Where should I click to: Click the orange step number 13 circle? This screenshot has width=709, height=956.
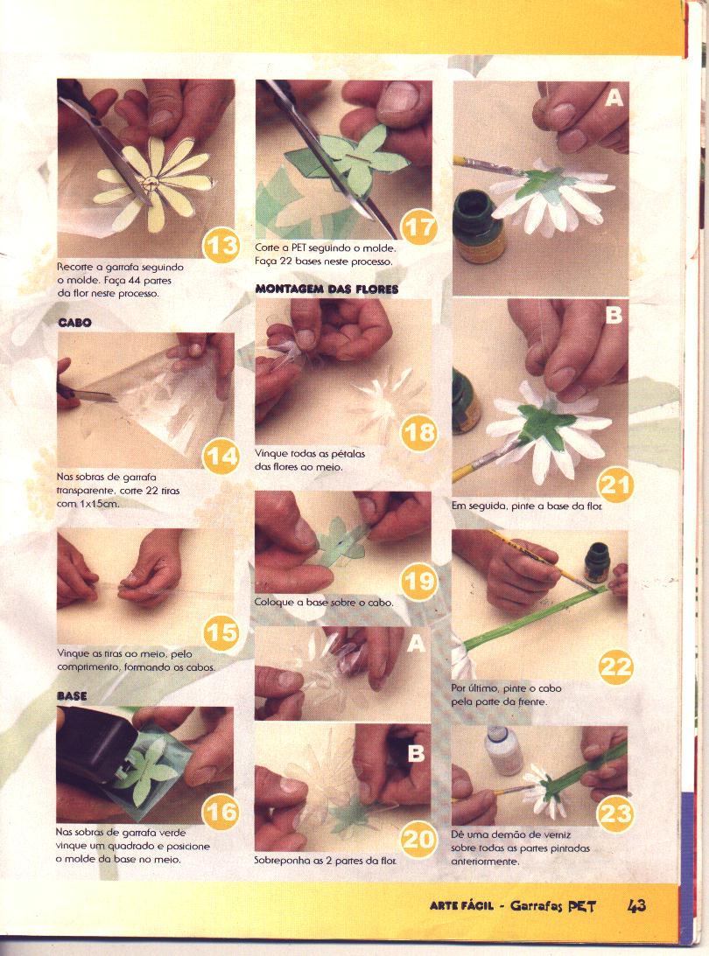pos(221,245)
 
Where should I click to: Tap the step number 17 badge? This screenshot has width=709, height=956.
pos(419,227)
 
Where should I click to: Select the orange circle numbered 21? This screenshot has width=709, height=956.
pos(615,485)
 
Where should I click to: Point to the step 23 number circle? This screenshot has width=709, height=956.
pos(615,813)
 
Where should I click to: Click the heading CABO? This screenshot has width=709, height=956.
pos(74,322)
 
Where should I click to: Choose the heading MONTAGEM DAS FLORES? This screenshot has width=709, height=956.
pos(326,289)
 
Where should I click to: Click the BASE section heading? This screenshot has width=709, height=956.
pos(72,695)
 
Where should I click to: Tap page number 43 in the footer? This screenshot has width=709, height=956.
pos(636,905)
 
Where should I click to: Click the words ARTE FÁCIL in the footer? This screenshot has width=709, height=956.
pos(461,906)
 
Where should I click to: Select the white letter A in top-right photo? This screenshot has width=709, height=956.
pos(614,98)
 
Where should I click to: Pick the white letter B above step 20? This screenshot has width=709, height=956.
pos(416,754)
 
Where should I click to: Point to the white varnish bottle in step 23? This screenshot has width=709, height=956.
pos(503,749)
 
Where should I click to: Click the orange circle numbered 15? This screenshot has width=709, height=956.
pos(221,633)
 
